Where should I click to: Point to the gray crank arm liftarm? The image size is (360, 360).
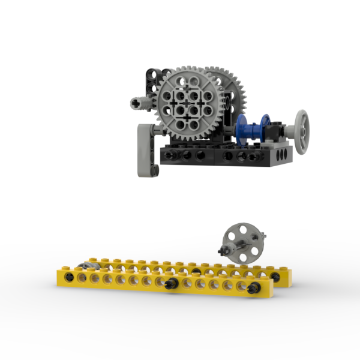(x=144, y=150)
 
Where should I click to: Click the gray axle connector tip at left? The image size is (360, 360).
(x=137, y=103)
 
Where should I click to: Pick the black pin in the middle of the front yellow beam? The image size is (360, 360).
(x=171, y=283)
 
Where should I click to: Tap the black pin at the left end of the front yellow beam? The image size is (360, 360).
(x=71, y=277)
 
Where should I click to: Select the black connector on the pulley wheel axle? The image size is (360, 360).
(x=225, y=248)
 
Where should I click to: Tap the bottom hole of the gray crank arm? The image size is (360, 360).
(x=154, y=171)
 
